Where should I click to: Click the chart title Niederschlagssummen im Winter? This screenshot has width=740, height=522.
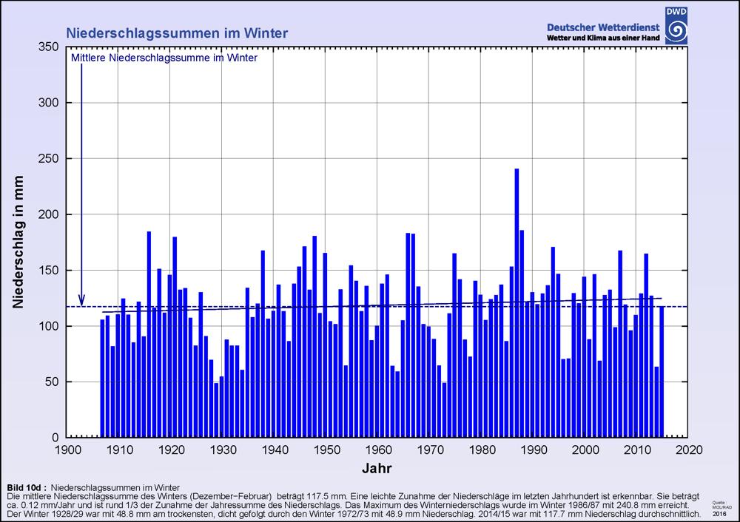click(177, 33)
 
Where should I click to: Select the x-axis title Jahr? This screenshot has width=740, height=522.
click(377, 468)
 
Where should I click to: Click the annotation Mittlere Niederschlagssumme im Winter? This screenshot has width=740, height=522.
click(164, 58)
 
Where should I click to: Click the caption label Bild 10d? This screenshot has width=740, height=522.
click(27, 487)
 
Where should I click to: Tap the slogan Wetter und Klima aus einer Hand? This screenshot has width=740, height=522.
click(602, 38)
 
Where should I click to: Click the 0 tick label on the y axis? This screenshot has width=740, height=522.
click(55, 438)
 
